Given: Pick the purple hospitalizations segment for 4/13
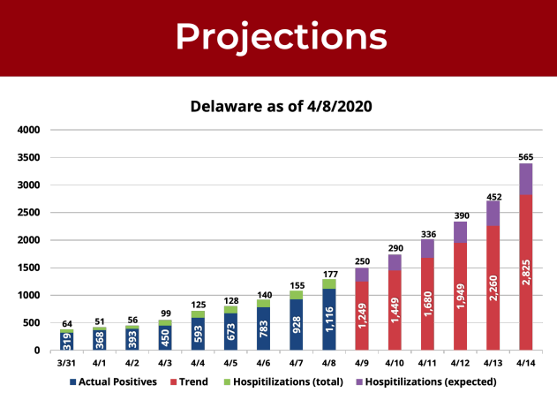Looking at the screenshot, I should coord(493,213).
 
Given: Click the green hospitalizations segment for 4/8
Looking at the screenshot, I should coord(329,283).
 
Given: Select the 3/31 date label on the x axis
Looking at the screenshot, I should coord(67,362).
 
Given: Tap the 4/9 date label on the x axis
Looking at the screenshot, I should coord(362,362).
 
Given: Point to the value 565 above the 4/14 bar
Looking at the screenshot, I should coord(525,155).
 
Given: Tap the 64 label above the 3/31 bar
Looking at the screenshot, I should coord(67,322).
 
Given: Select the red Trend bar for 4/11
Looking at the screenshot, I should coord(427,304).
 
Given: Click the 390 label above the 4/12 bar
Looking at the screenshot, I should coord(460,215).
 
